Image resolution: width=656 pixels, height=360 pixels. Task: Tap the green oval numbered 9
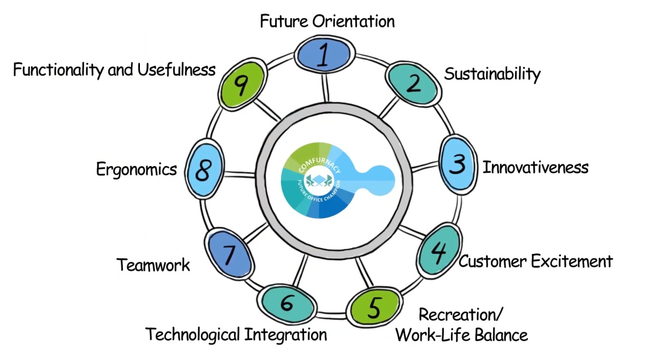coord(242,85)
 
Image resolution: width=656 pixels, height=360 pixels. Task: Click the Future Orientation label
coord(327,22)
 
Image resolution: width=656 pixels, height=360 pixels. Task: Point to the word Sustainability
coord(492,74)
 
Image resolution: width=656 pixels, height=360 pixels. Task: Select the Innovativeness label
coord(535,167)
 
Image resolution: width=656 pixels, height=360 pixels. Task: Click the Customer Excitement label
coord(535,261)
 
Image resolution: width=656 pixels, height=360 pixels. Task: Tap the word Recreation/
coord(460,315)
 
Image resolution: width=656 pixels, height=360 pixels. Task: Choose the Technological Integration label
coord(236,334)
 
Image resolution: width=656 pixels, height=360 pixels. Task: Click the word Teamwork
coord(154,265)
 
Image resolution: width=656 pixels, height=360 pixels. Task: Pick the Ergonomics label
coord(137,169)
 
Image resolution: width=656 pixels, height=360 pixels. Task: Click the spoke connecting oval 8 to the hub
coord(241,174)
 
